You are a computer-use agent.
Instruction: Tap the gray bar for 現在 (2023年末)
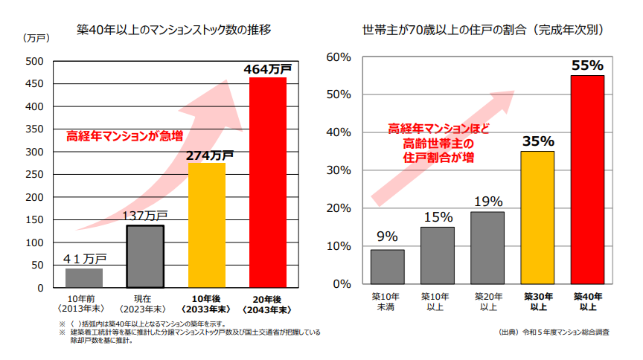pyautogui.click(x=145, y=256)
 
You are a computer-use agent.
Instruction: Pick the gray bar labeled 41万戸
pyautogui.click(x=84, y=277)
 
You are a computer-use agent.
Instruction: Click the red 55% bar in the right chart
pyautogui.click(x=587, y=179)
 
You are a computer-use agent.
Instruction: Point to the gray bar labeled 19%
pyautogui.click(x=487, y=248)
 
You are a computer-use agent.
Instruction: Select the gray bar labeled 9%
pyautogui.click(x=387, y=266)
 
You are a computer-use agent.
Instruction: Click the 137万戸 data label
pyautogui.click(x=145, y=216)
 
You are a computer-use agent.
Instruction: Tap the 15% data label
pyautogui.click(x=438, y=217)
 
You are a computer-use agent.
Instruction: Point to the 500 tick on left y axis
pyautogui.click(x=35, y=61)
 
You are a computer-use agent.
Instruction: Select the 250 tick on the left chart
pyautogui.click(x=35, y=174)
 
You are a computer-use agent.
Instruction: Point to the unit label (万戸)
pyautogui.click(x=36, y=38)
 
